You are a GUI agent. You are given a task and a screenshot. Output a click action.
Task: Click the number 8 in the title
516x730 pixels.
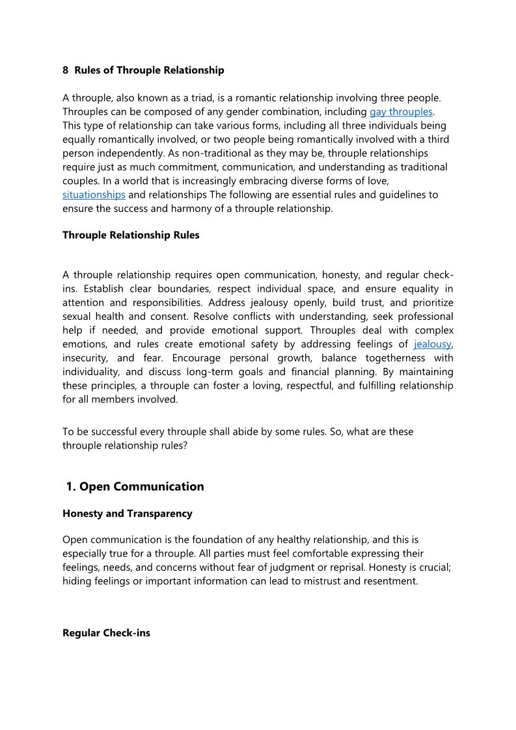tap(65, 70)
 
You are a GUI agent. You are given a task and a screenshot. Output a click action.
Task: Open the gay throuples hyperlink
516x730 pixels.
tap(401, 112)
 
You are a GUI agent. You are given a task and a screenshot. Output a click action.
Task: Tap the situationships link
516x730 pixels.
tap(94, 194)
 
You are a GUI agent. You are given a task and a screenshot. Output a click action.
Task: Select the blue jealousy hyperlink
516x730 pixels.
tap(432, 344)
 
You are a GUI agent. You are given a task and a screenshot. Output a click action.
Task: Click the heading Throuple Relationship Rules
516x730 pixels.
tap(131, 235)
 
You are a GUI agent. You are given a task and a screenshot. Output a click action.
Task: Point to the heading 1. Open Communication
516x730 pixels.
tap(135, 487)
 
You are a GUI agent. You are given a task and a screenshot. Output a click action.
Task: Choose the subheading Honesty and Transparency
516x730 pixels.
tap(128, 514)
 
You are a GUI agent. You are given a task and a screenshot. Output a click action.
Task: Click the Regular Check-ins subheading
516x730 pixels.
tap(106, 632)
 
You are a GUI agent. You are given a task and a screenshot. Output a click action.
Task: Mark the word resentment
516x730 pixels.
tap(388, 581)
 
